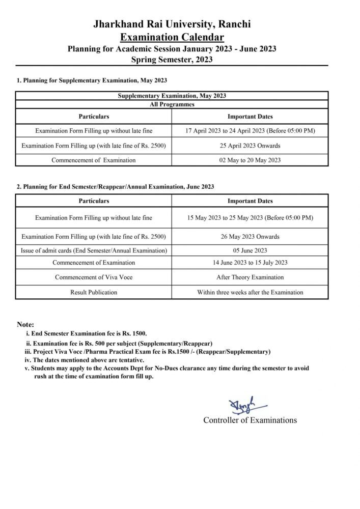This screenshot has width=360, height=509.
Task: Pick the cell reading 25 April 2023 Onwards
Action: [250, 146]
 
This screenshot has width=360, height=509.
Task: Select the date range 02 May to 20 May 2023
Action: [250, 160]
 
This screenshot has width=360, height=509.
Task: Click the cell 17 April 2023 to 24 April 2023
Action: [250, 131]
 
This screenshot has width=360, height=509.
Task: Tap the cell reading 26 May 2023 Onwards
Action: [250, 236]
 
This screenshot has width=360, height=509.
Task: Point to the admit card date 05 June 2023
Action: [250, 250]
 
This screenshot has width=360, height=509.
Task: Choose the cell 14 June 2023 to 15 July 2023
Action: [250, 263]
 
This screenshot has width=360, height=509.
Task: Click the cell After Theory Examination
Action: [250, 277]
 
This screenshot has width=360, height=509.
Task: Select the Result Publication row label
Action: [94, 292]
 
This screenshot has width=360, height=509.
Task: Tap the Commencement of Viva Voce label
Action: [94, 277]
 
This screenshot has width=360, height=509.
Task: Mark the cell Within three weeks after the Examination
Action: [250, 292]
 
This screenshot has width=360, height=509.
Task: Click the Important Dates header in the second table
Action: [250, 201]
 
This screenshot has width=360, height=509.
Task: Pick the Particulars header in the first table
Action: [94, 117]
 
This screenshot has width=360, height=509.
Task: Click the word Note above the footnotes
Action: [25, 324]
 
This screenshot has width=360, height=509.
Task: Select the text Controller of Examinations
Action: [250, 420]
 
